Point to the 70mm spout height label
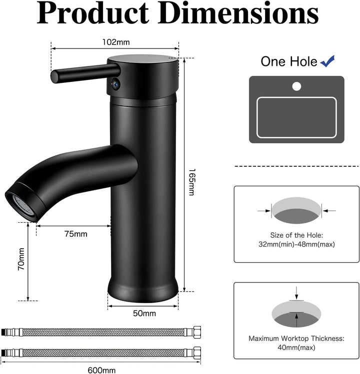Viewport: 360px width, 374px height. pos(21,260)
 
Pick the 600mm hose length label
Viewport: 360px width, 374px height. pos(101,370)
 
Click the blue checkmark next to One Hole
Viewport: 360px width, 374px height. pos(328,61)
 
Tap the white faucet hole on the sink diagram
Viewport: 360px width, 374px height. pos(296,86)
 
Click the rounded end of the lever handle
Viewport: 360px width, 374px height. pos(54,75)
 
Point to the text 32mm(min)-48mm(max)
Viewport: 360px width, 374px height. pos(296,244)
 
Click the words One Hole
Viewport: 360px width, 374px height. pos(288,61)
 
